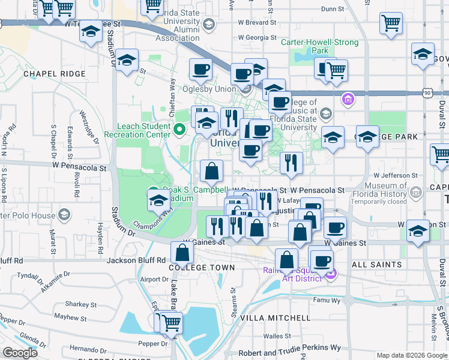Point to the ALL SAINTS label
376,265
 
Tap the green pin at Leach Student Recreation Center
178,129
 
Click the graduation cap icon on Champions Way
158,200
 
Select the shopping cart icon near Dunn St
391,23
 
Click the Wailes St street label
279,337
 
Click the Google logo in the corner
20,353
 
